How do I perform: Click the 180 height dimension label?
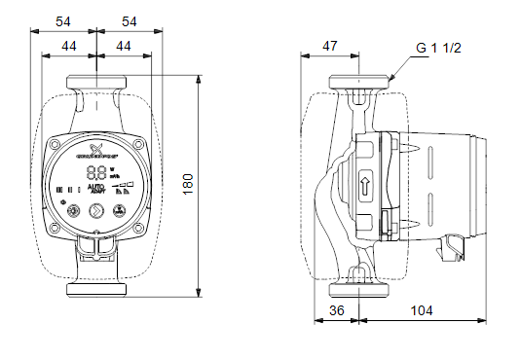tap(189, 182)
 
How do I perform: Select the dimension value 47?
tap(330, 46)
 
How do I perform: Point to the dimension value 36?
tap(337, 312)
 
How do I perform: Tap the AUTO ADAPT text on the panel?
tap(96, 188)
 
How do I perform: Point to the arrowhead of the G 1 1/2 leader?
tap(390, 78)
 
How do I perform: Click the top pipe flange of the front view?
tap(98, 81)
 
